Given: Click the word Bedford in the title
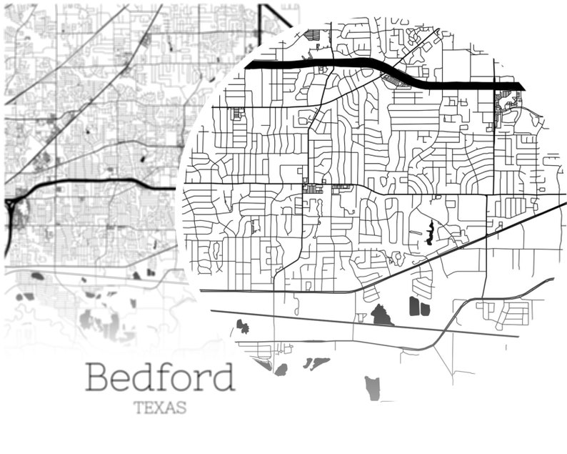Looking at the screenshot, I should click(x=160, y=377).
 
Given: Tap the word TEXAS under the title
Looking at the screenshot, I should click(x=161, y=408).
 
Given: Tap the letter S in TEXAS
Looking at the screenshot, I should click(x=181, y=408).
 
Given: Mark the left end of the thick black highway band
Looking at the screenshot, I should click(x=248, y=64).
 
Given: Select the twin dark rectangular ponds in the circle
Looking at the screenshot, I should click(x=418, y=307).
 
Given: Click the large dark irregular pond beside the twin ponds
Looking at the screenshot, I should click(x=381, y=315).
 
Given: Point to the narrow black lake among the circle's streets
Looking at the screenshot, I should click(x=430, y=234).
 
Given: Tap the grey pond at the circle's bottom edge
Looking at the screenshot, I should click(x=373, y=388).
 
